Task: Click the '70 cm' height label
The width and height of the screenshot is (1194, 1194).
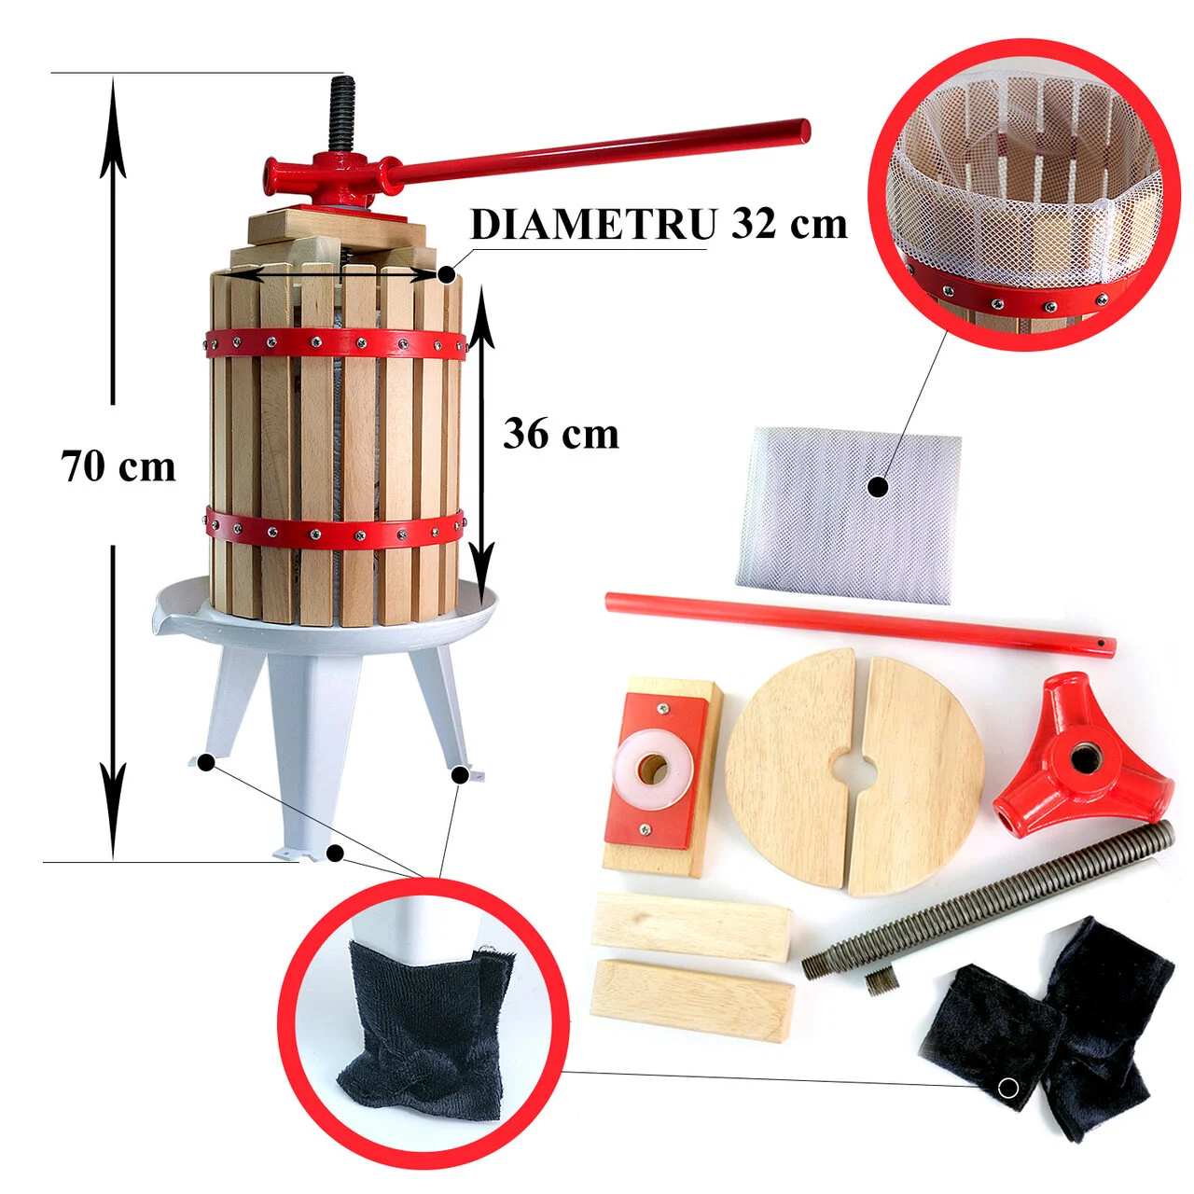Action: [x=118, y=467]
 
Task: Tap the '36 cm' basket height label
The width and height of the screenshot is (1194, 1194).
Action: [x=561, y=434]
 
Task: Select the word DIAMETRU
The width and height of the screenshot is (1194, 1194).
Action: [x=593, y=223]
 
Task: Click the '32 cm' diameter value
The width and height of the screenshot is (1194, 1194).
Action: [x=789, y=223]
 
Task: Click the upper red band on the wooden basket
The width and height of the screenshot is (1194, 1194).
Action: [x=337, y=342]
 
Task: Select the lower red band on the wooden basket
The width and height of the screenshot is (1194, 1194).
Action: [x=335, y=530]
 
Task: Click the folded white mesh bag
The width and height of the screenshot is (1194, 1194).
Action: [x=849, y=516]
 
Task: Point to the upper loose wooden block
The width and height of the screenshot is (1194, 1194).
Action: [x=691, y=927]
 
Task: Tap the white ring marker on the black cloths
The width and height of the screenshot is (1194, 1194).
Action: [x=1008, y=1088]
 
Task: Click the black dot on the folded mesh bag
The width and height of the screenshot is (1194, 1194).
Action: [x=878, y=488]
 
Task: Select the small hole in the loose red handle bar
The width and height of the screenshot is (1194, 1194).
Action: [x=1100, y=643]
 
